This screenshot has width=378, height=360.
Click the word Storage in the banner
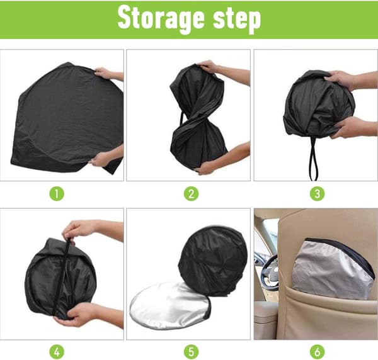[161, 19]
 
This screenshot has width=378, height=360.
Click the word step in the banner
[237, 20]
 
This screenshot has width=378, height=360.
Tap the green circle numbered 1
[57, 194]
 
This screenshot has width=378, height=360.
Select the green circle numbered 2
[191, 194]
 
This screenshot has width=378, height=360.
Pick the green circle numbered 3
[318, 194]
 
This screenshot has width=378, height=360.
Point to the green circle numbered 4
[57, 352]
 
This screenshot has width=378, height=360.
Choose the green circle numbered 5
[191, 352]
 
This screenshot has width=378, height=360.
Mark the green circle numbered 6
[318, 352]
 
